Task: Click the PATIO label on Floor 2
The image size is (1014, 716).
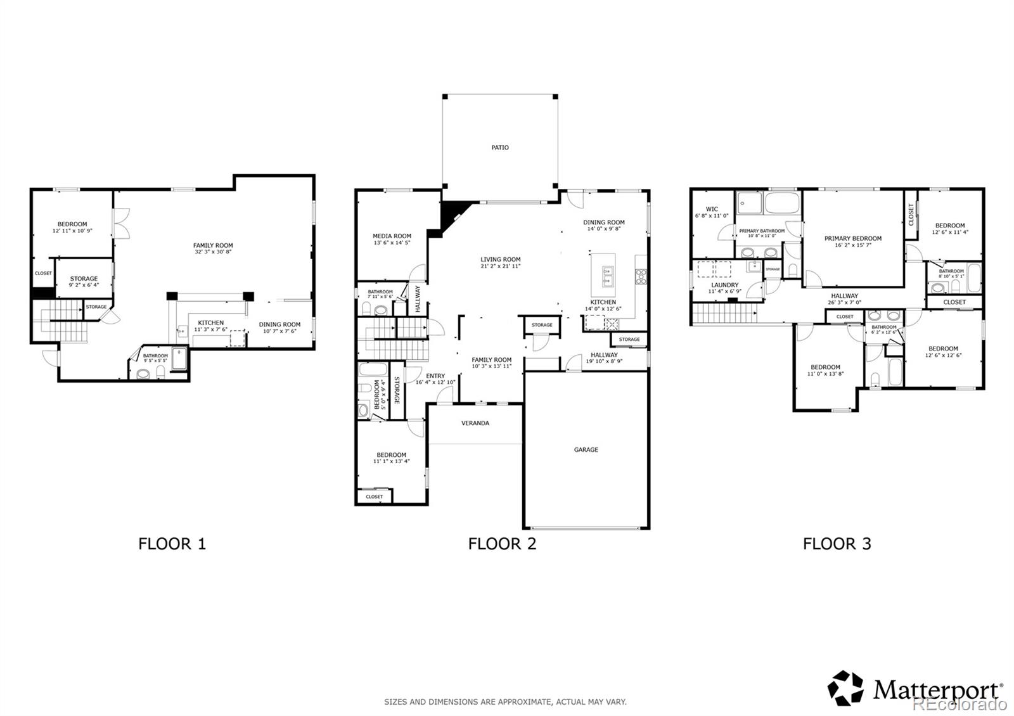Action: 500,148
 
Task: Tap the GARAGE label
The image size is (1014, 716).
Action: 586,450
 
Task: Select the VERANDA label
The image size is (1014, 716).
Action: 475,423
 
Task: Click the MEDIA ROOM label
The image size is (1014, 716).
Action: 392,236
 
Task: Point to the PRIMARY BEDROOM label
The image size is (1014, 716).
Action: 852,239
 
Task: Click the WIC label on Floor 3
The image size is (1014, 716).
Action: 712,209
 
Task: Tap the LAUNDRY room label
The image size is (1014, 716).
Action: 724,285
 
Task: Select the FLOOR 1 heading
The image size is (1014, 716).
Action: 172,544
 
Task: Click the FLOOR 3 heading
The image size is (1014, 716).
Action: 837,544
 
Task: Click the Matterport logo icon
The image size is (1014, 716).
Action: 846,688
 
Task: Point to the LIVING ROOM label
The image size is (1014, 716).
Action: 500,259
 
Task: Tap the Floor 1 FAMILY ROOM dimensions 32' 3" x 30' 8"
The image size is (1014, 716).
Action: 213,252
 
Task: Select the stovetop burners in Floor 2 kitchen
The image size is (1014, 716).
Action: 641,275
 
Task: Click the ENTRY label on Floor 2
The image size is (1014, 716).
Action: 435,376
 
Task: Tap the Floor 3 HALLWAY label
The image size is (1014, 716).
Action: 844,296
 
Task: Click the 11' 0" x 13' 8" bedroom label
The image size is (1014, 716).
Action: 825,374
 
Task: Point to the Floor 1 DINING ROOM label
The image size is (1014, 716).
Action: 279,324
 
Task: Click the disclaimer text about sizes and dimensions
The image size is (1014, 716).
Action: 505,702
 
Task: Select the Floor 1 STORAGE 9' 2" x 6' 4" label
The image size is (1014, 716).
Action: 84,279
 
